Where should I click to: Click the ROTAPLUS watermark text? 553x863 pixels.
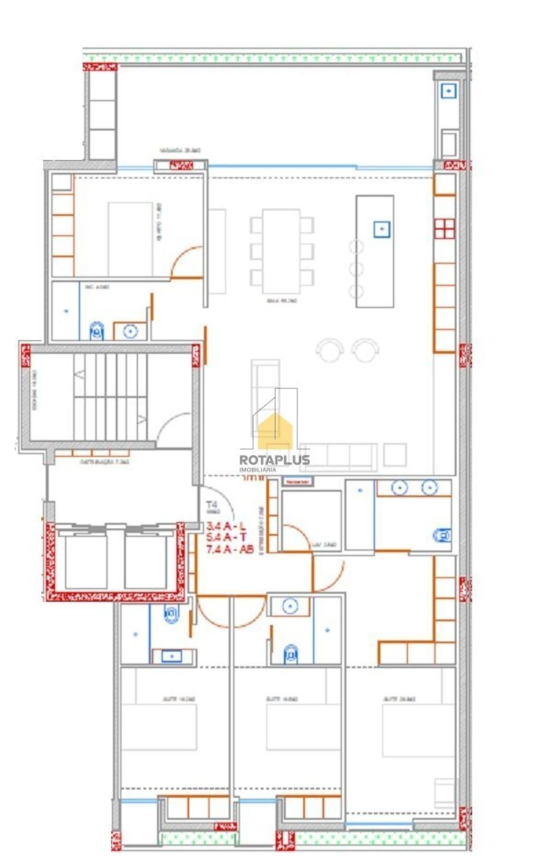[274, 459]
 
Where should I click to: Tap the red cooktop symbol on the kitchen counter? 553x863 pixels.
[445, 229]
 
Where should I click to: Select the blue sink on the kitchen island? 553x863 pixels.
[381, 229]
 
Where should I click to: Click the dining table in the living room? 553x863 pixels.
[281, 251]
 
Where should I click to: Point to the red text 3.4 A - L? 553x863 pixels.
[226, 526]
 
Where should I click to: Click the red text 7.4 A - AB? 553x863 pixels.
[229, 549]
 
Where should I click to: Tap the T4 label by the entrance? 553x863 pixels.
[211, 504]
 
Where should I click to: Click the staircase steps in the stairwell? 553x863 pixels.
[111, 397]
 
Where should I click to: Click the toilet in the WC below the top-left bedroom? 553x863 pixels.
[97, 331]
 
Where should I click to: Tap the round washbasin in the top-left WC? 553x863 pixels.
[130, 331]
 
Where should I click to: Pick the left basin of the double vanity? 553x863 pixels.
[399, 488]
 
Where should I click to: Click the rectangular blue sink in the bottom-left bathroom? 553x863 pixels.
[172, 656]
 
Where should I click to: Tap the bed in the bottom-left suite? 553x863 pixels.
[159, 727]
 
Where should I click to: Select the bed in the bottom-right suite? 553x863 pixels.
[418, 730]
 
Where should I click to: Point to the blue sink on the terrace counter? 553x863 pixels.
[448, 91]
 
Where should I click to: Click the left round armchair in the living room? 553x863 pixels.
[330, 349]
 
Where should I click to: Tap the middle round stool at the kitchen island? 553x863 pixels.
[356, 269]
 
